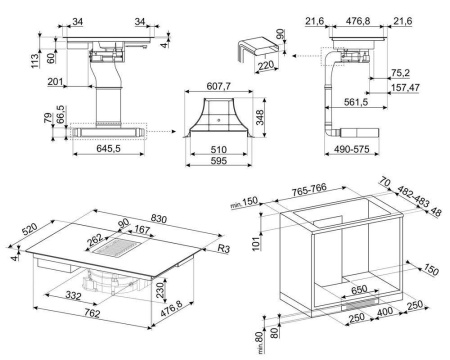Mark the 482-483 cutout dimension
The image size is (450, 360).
click(415, 195)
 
